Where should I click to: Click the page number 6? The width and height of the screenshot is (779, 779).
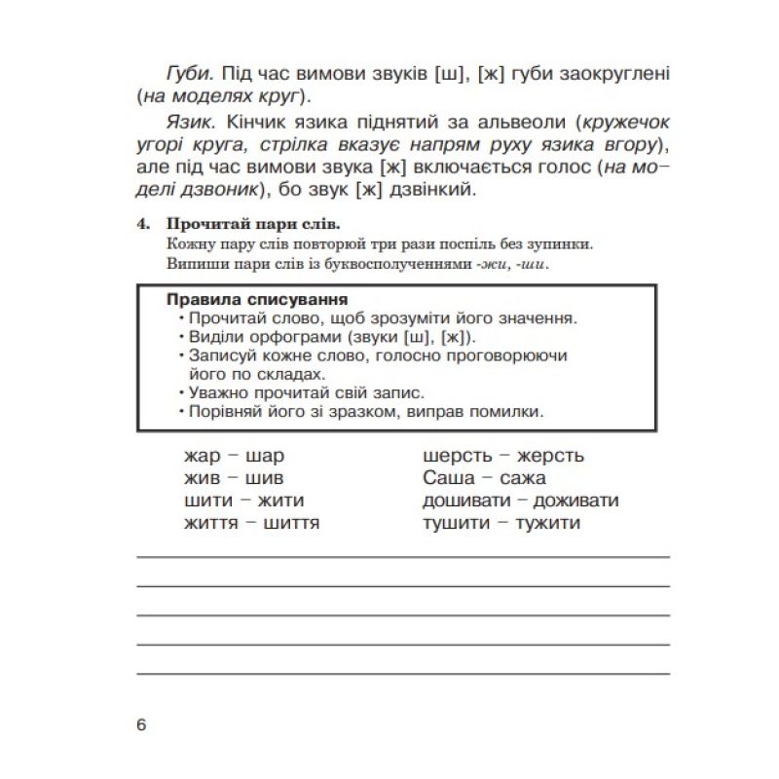tap(142, 725)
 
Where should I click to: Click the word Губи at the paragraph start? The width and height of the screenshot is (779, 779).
tap(186, 74)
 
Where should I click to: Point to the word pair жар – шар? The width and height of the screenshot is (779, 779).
tap(234, 456)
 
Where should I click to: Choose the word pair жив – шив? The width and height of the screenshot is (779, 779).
tap(234, 478)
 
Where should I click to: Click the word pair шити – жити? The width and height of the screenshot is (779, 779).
tap(243, 501)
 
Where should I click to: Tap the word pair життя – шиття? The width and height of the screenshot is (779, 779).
tap(251, 524)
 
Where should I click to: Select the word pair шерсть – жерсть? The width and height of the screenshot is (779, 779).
tap(503, 456)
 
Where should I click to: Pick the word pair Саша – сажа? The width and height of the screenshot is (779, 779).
tap(485, 478)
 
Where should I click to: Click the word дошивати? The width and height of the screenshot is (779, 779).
tap(463, 501)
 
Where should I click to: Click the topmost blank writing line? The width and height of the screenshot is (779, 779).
tap(403, 557)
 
